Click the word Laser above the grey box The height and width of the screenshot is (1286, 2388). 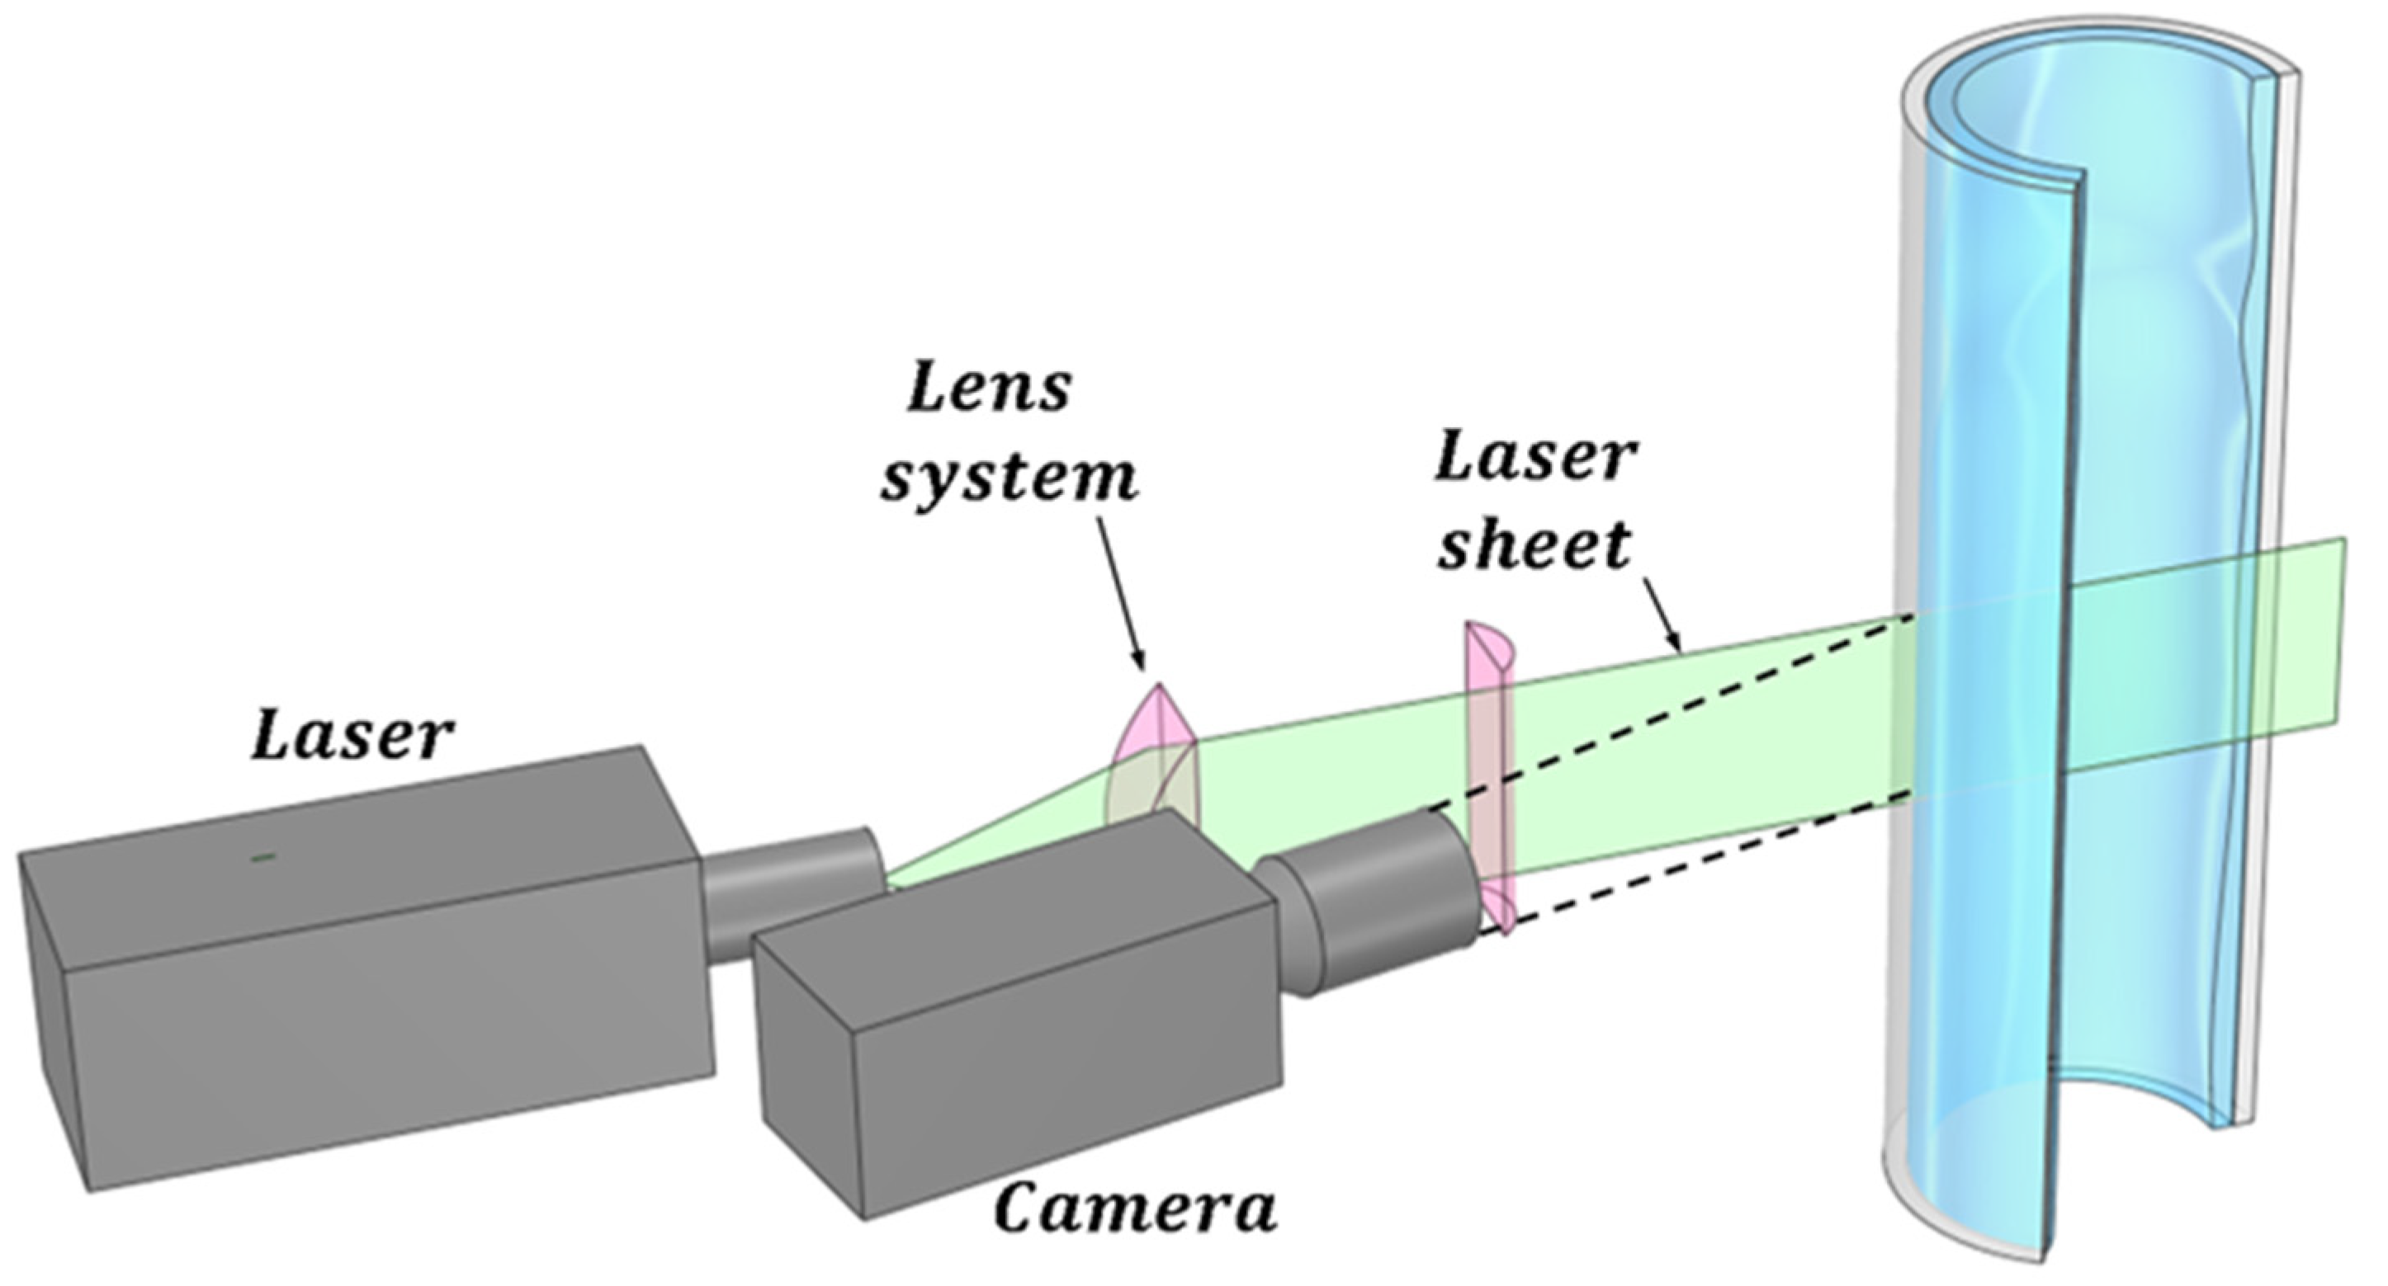click(352, 738)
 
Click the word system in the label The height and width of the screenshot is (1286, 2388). click(1009, 479)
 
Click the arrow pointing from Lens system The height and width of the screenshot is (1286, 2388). click(1122, 593)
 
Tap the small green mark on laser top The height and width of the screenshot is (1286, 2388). click(263, 858)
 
